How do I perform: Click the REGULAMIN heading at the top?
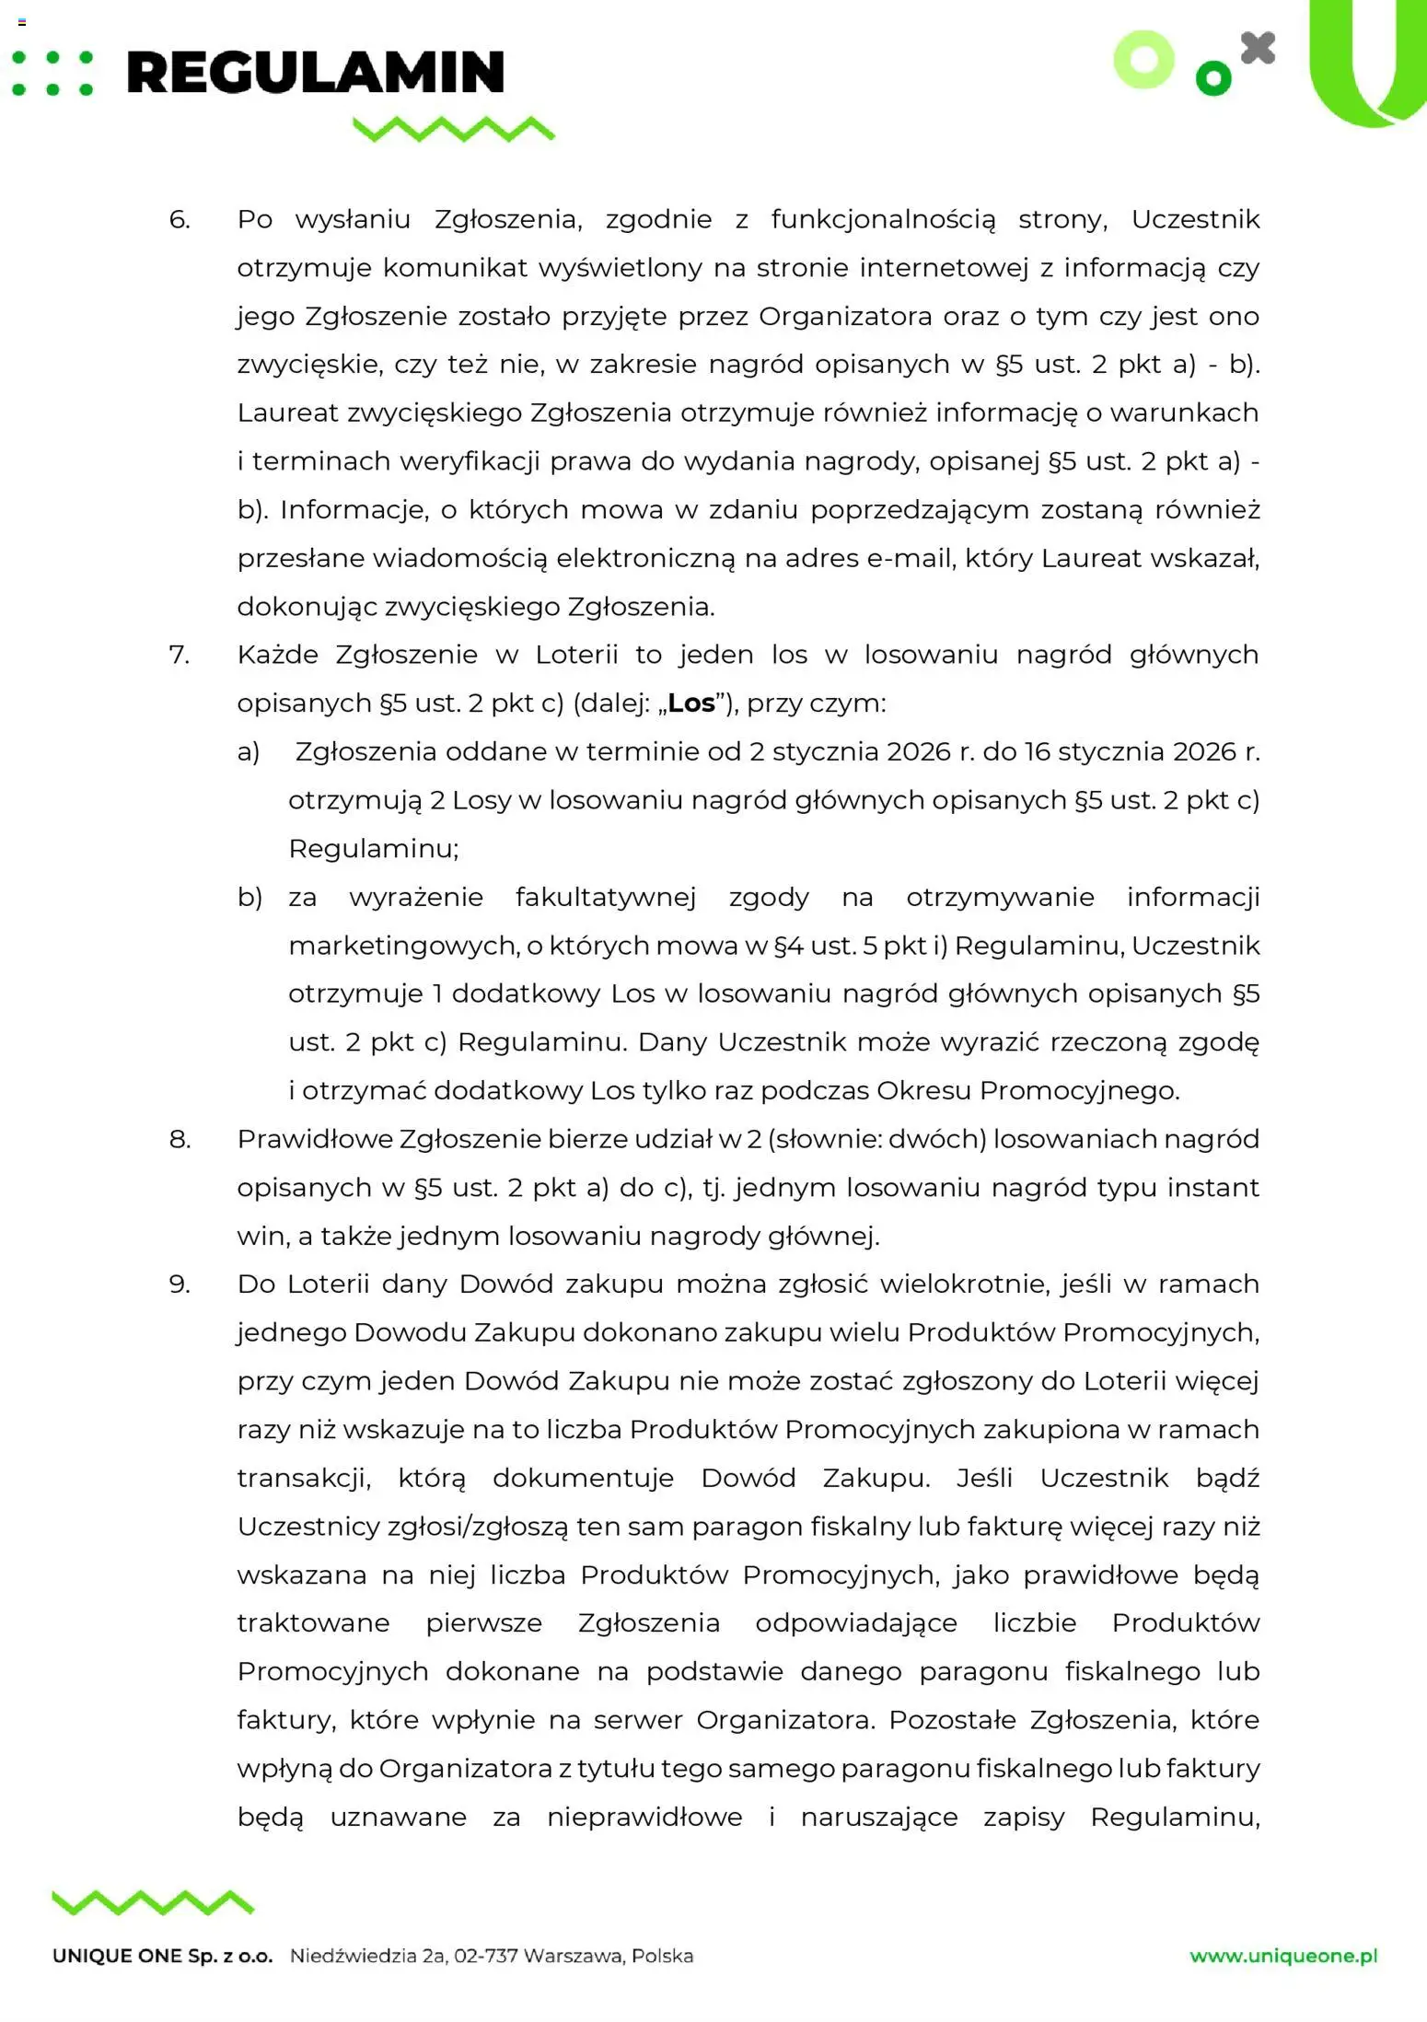click(x=315, y=74)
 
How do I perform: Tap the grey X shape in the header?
click(x=1258, y=49)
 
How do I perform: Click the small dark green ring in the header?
click(x=1213, y=78)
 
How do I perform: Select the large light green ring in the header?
click(x=1144, y=60)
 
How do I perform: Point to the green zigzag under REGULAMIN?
click(x=454, y=129)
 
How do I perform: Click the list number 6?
click(x=180, y=219)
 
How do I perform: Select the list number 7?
click(x=180, y=655)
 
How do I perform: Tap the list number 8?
click(x=180, y=1139)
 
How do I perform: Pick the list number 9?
click(x=180, y=1284)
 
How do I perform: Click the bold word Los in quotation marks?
click(x=691, y=703)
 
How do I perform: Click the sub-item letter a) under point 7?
click(x=249, y=751)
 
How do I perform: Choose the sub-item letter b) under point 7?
click(x=249, y=897)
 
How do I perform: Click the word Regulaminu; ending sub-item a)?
click(x=373, y=848)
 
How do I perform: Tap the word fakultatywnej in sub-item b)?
click(x=605, y=897)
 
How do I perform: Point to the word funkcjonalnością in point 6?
click(x=883, y=219)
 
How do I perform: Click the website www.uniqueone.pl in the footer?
click(x=1283, y=1956)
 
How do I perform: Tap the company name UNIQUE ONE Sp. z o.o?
click(x=163, y=1957)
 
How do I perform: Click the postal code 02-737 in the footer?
click(x=486, y=1956)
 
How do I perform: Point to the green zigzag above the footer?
click(x=153, y=1902)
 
